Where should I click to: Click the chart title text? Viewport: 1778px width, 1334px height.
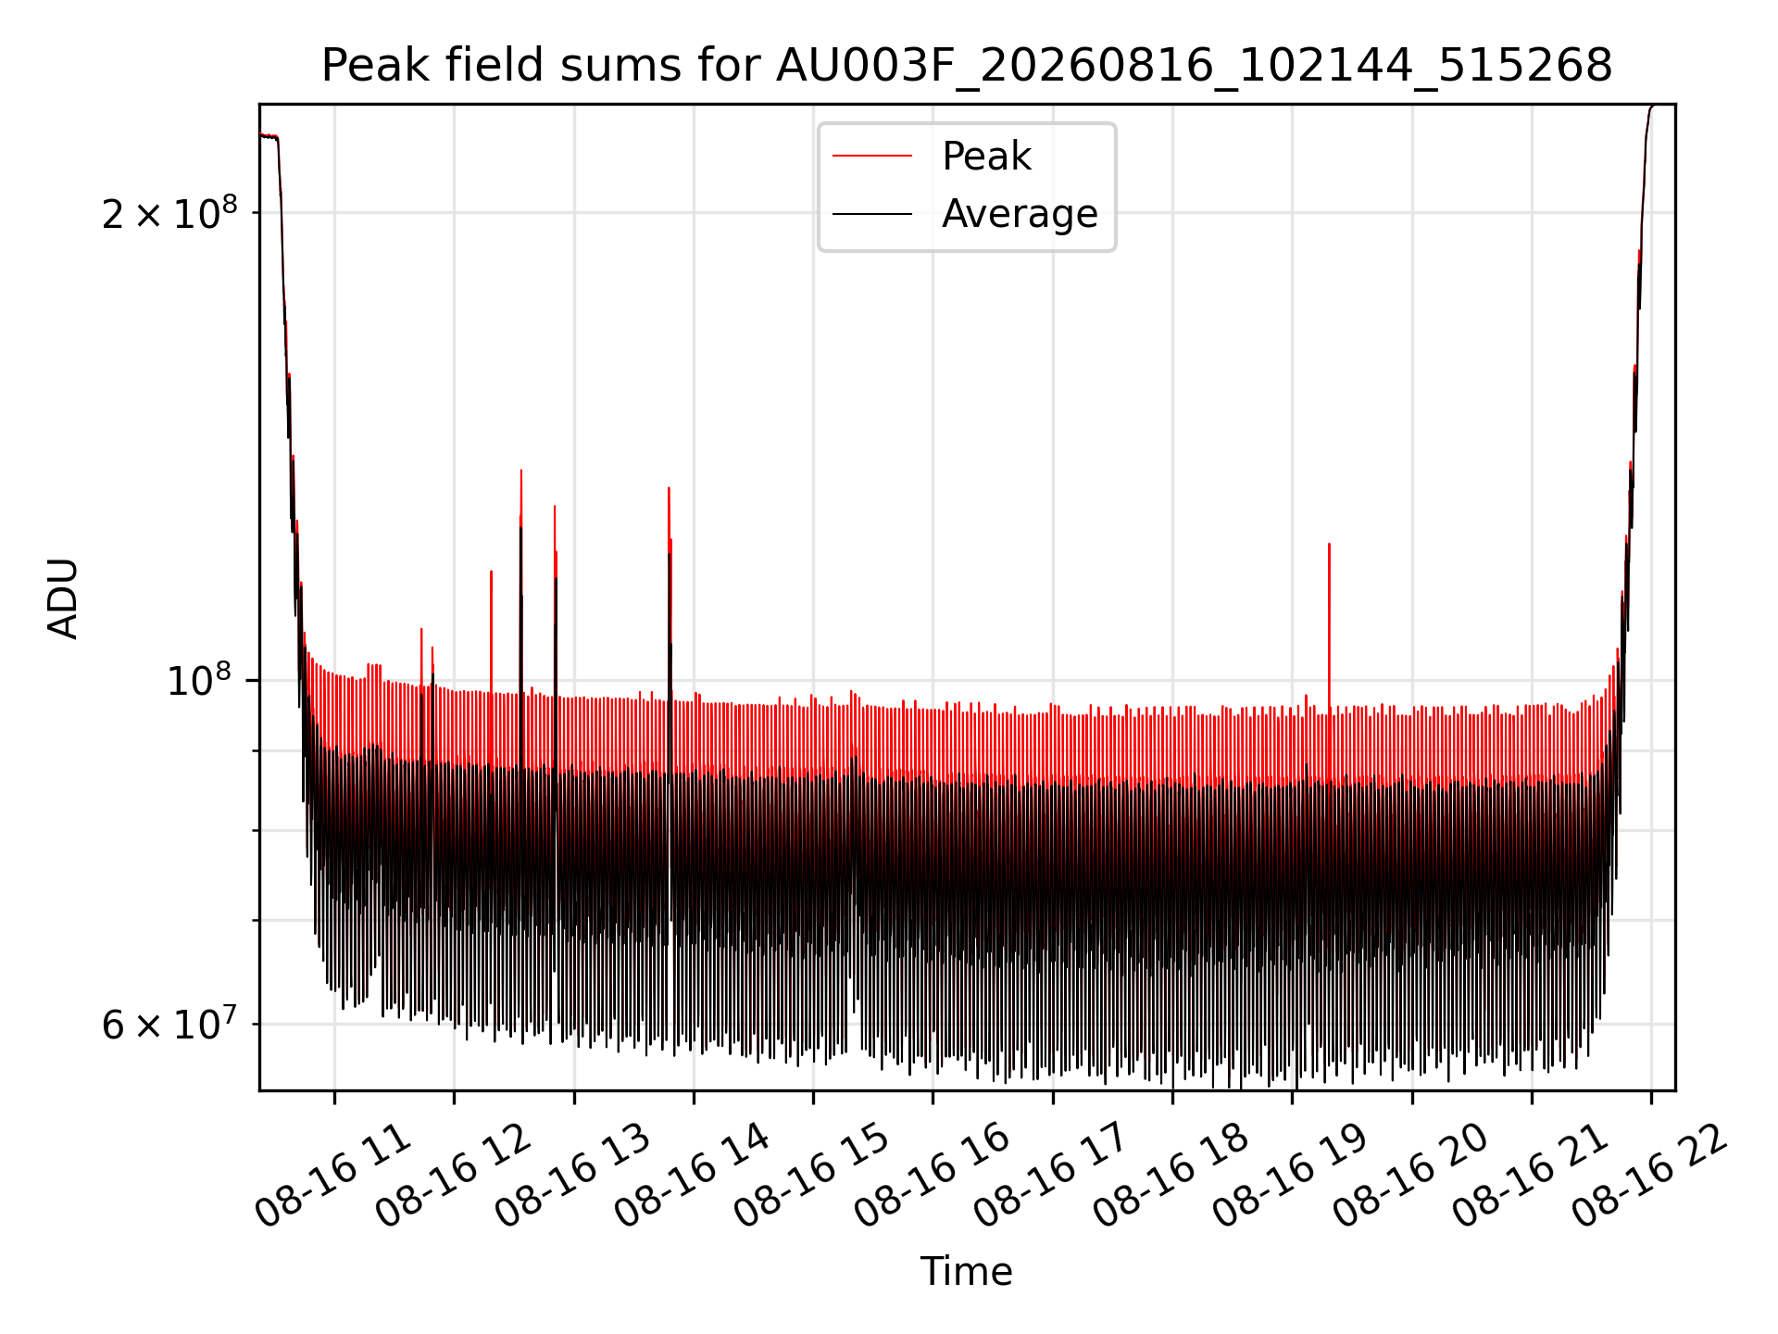pos(967,66)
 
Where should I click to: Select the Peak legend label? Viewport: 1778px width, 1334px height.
pos(986,157)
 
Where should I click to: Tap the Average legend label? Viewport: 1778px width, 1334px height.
pos(1020,214)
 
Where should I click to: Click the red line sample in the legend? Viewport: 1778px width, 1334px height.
pos(872,157)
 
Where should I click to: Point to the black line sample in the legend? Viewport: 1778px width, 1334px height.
pos(872,214)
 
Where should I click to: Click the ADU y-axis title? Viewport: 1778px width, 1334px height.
pos(63,598)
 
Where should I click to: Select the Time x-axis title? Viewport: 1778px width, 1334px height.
pos(966,1271)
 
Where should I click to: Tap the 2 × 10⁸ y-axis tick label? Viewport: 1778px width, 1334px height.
pos(169,212)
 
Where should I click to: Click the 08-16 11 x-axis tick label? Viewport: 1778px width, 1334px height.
pos(333,1177)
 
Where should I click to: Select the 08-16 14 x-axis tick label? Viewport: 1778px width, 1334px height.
pos(693,1177)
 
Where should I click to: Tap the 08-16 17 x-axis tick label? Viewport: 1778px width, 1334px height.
pos(1052,1177)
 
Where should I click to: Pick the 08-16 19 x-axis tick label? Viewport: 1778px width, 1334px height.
pos(1291,1177)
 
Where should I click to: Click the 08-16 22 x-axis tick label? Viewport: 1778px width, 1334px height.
pos(1650,1177)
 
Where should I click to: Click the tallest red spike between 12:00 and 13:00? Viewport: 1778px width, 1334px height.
pos(521,471)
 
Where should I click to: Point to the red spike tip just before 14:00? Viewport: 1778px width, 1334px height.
pos(669,488)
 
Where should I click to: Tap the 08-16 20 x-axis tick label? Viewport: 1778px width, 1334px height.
pos(1411,1177)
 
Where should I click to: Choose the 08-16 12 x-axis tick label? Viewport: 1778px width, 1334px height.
pos(454,1177)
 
